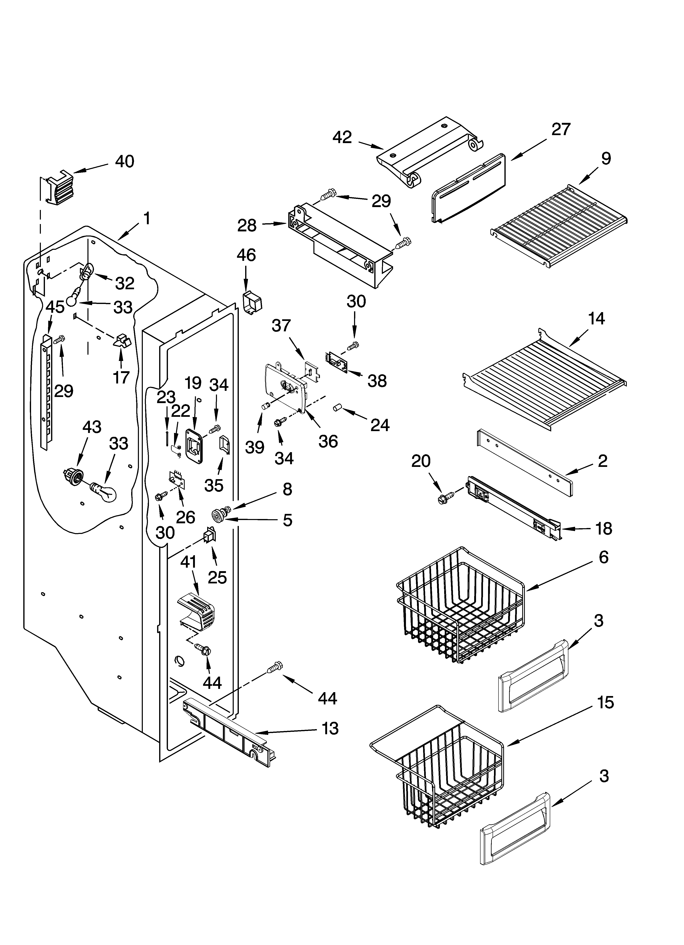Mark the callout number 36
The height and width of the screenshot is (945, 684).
[328, 441]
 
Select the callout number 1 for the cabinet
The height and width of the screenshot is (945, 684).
[147, 218]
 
